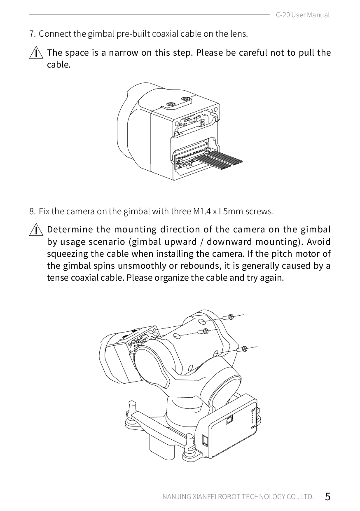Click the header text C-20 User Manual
tap(303, 15)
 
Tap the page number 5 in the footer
tap(327, 497)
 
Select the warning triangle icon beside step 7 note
tap(36, 52)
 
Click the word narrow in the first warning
tap(123, 53)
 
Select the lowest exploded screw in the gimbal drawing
tap(242, 349)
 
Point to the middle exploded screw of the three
tap(203, 331)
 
